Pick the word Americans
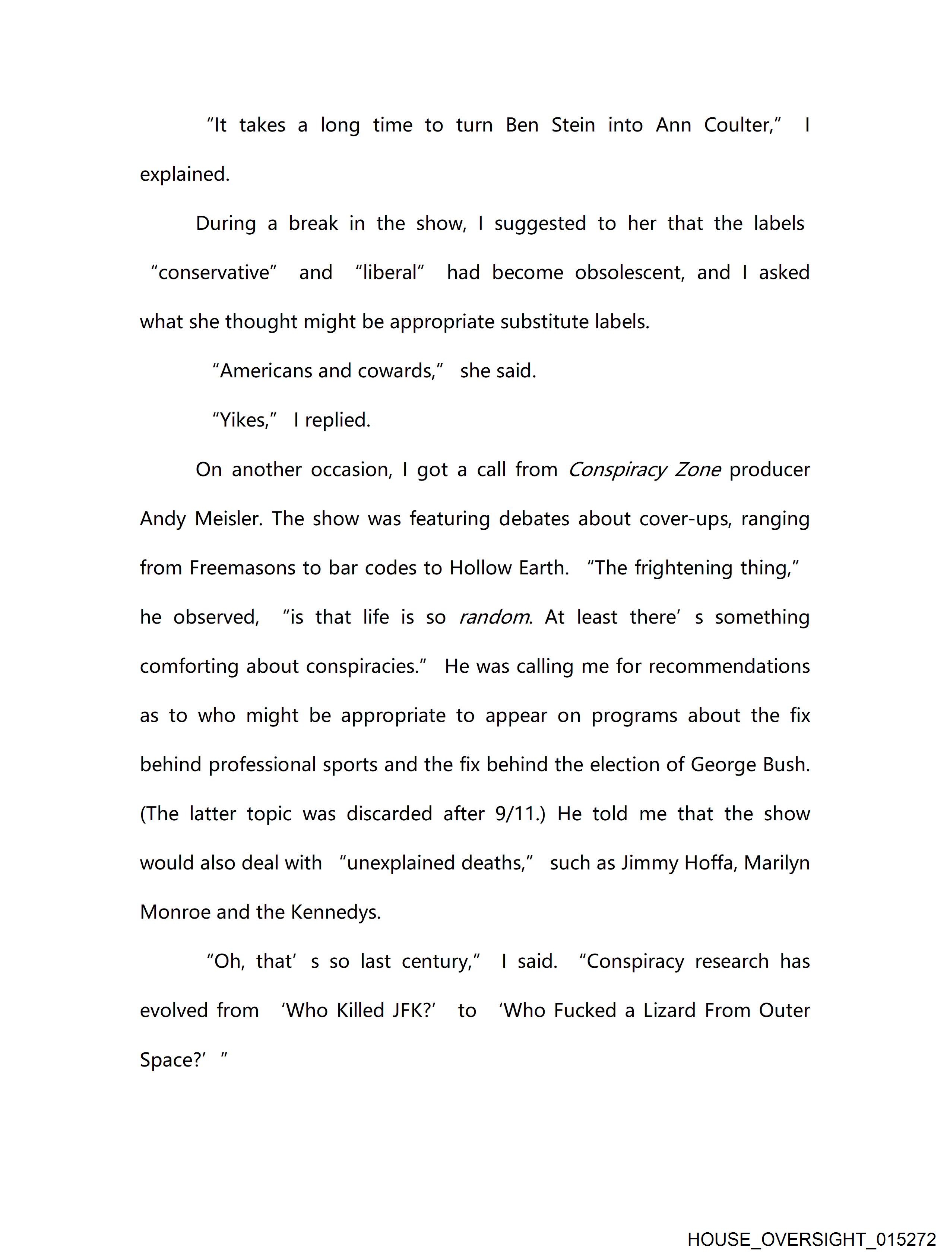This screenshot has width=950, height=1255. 266,371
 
